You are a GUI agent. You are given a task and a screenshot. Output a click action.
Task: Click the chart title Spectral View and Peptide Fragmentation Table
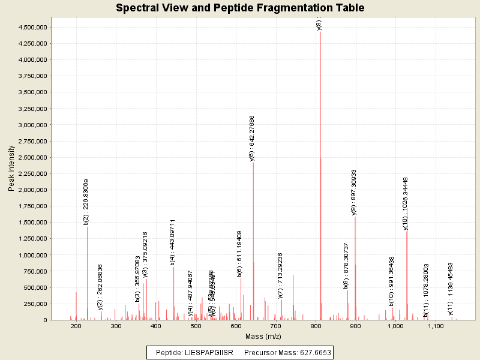pos(240,8)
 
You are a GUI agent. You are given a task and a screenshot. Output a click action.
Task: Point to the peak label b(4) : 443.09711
pos(173,242)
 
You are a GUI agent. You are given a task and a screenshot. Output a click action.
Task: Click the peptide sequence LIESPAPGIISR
pos(208,352)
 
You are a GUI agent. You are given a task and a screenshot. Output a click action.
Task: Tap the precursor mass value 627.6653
pos(311,352)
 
